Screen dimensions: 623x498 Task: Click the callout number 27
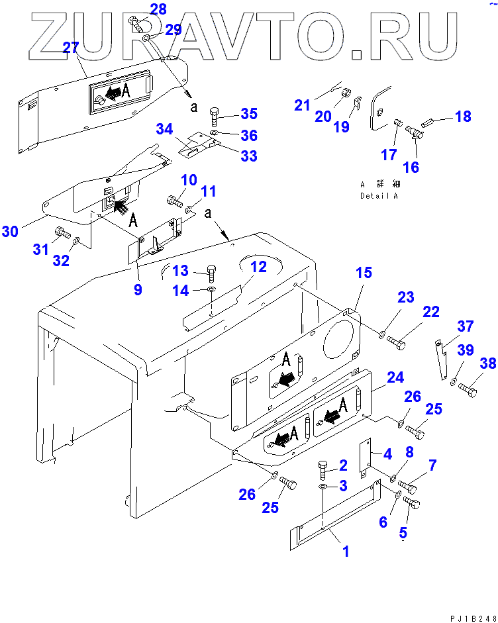(70, 47)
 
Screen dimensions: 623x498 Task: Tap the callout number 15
(364, 273)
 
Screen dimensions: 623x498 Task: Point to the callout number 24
(395, 378)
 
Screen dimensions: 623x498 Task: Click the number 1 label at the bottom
(345, 551)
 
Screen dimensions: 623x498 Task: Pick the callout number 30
(10, 231)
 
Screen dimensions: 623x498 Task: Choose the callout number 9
(138, 289)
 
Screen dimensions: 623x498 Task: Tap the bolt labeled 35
(216, 119)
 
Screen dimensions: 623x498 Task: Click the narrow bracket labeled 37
(442, 359)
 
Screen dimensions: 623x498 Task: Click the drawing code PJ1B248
(472, 617)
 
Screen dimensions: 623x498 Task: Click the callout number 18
(463, 117)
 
